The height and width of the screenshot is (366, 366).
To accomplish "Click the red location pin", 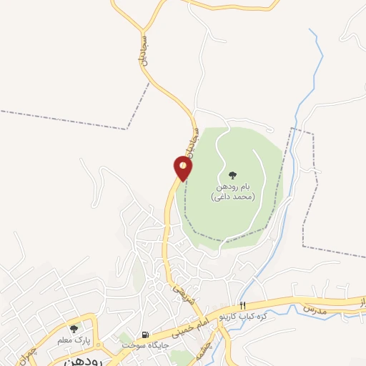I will (x=183, y=169).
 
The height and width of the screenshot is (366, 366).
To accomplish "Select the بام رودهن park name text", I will (x=232, y=186).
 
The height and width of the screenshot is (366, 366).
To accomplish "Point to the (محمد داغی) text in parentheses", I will (x=232, y=196).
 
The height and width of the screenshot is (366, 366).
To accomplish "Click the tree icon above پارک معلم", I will (x=74, y=328).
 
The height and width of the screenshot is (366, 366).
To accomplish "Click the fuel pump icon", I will (x=146, y=335).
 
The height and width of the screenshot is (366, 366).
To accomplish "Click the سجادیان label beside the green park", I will (x=190, y=142).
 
